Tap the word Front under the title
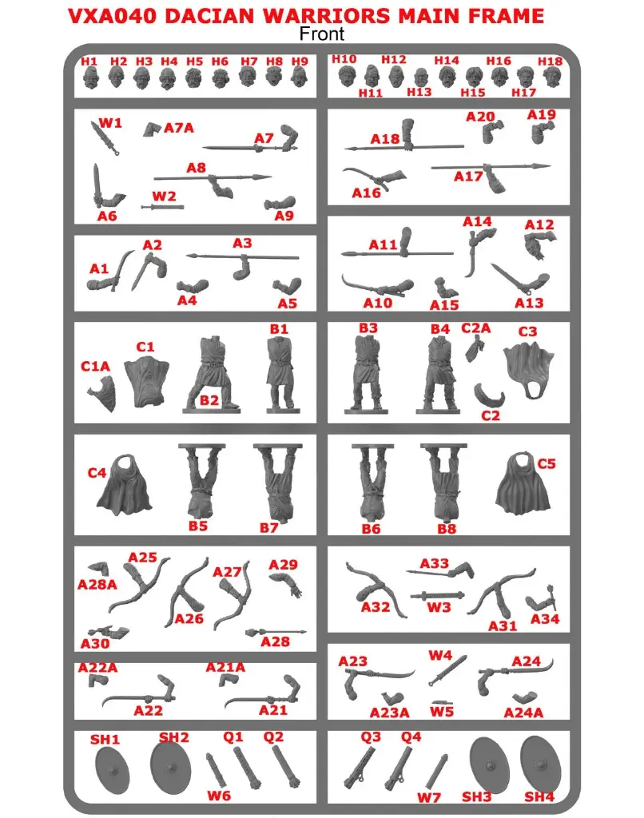point(322,33)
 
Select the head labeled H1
point(89,77)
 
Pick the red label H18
point(551,61)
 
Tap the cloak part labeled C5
point(525,485)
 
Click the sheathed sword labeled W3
point(437,596)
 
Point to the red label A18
point(384,139)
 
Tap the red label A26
point(189,618)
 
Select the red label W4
point(440,656)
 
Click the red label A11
point(384,244)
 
